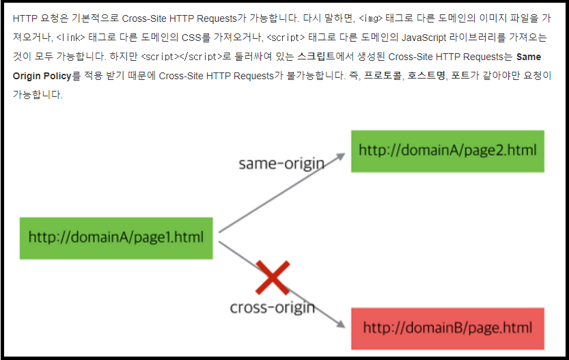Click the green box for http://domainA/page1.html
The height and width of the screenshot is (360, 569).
116,238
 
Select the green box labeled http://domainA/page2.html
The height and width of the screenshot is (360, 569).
447,151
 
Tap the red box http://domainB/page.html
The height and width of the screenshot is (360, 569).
447,328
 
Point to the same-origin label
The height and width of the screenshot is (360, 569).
280,164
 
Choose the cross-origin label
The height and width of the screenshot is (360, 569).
272,307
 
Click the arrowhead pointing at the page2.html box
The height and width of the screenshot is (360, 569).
339,156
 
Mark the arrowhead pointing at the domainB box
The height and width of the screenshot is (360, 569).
339,323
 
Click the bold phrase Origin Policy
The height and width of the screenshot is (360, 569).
42,76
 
